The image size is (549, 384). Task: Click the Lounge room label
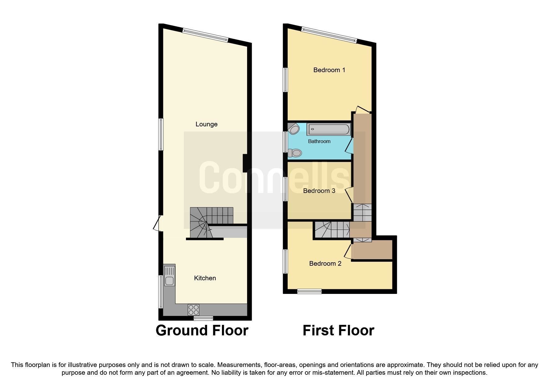(206, 124)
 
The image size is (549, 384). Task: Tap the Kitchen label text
(205, 278)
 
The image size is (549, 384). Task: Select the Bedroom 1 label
(329, 70)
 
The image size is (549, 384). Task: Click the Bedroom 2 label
(325, 264)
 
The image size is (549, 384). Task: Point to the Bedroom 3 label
(319, 191)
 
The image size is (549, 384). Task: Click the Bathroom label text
(319, 141)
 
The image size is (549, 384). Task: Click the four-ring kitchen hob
(193, 309)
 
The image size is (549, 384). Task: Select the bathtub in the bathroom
(329, 129)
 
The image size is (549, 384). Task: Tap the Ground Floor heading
(202, 330)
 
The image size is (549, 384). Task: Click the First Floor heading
(338, 330)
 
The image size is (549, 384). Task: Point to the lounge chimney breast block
(245, 163)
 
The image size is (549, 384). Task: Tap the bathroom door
(350, 146)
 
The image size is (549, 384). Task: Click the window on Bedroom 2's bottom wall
(309, 291)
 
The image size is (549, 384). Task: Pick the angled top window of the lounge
(205, 35)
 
